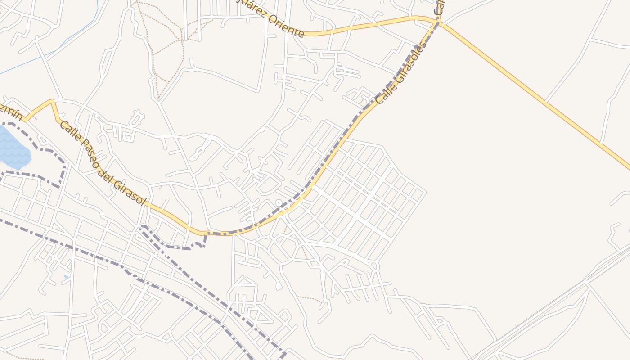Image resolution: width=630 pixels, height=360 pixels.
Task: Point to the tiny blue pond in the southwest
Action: pos(66,277)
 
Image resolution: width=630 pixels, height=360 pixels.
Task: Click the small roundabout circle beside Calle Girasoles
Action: pos(279,203)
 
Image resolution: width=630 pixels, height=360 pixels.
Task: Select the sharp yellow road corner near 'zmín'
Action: pos(52,101)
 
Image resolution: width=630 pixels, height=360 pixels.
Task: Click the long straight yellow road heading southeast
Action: pos(540,99)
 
